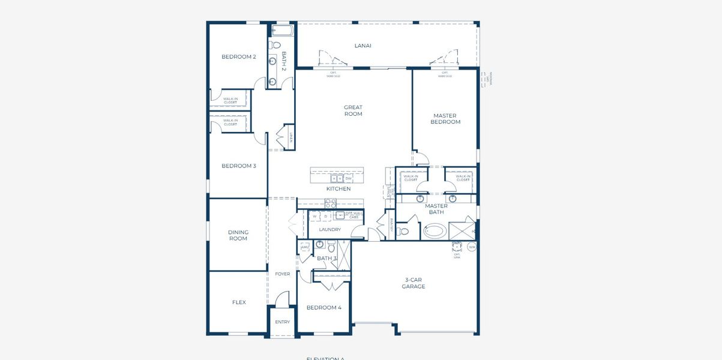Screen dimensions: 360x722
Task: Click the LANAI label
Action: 363,46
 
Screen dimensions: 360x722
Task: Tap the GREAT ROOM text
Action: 353,111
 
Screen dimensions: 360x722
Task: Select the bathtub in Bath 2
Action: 281,30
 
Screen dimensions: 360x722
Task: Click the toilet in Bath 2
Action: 276,45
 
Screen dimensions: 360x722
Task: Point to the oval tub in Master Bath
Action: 435,231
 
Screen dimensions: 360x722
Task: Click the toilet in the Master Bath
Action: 404,232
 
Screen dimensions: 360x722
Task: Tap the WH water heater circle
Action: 472,247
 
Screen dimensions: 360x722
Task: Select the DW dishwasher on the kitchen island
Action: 348,178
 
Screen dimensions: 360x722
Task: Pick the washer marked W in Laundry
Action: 314,216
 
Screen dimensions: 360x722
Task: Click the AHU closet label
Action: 304,247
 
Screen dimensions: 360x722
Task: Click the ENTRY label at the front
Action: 282,322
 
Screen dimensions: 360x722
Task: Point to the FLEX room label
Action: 238,302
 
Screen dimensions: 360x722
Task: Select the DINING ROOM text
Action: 238,235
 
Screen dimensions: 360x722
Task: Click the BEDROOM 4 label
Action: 323,308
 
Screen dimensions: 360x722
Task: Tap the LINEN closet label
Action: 291,137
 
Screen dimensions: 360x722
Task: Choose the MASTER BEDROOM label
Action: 445,119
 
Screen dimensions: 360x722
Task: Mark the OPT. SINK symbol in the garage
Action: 457,247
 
